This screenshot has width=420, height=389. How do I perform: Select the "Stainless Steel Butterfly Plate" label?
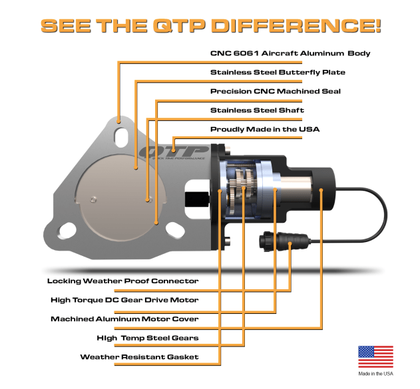click(x=278, y=72)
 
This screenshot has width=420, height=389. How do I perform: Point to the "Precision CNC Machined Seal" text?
click(x=275, y=91)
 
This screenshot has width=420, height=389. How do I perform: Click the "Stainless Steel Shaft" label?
click(x=257, y=110)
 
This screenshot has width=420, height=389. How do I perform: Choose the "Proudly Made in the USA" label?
click(x=265, y=129)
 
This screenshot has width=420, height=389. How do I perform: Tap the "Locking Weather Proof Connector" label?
click(x=123, y=281)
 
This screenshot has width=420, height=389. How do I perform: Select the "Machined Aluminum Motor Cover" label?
click(x=124, y=319)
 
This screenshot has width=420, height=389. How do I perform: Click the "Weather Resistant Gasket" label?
click(x=139, y=357)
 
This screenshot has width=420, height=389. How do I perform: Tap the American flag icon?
click(x=375, y=357)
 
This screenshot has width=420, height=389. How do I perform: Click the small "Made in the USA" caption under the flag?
click(x=375, y=374)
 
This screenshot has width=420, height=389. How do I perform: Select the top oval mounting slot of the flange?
click(x=121, y=136)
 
